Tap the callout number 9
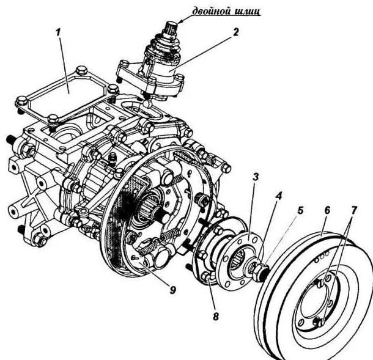click(x=172, y=290)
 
